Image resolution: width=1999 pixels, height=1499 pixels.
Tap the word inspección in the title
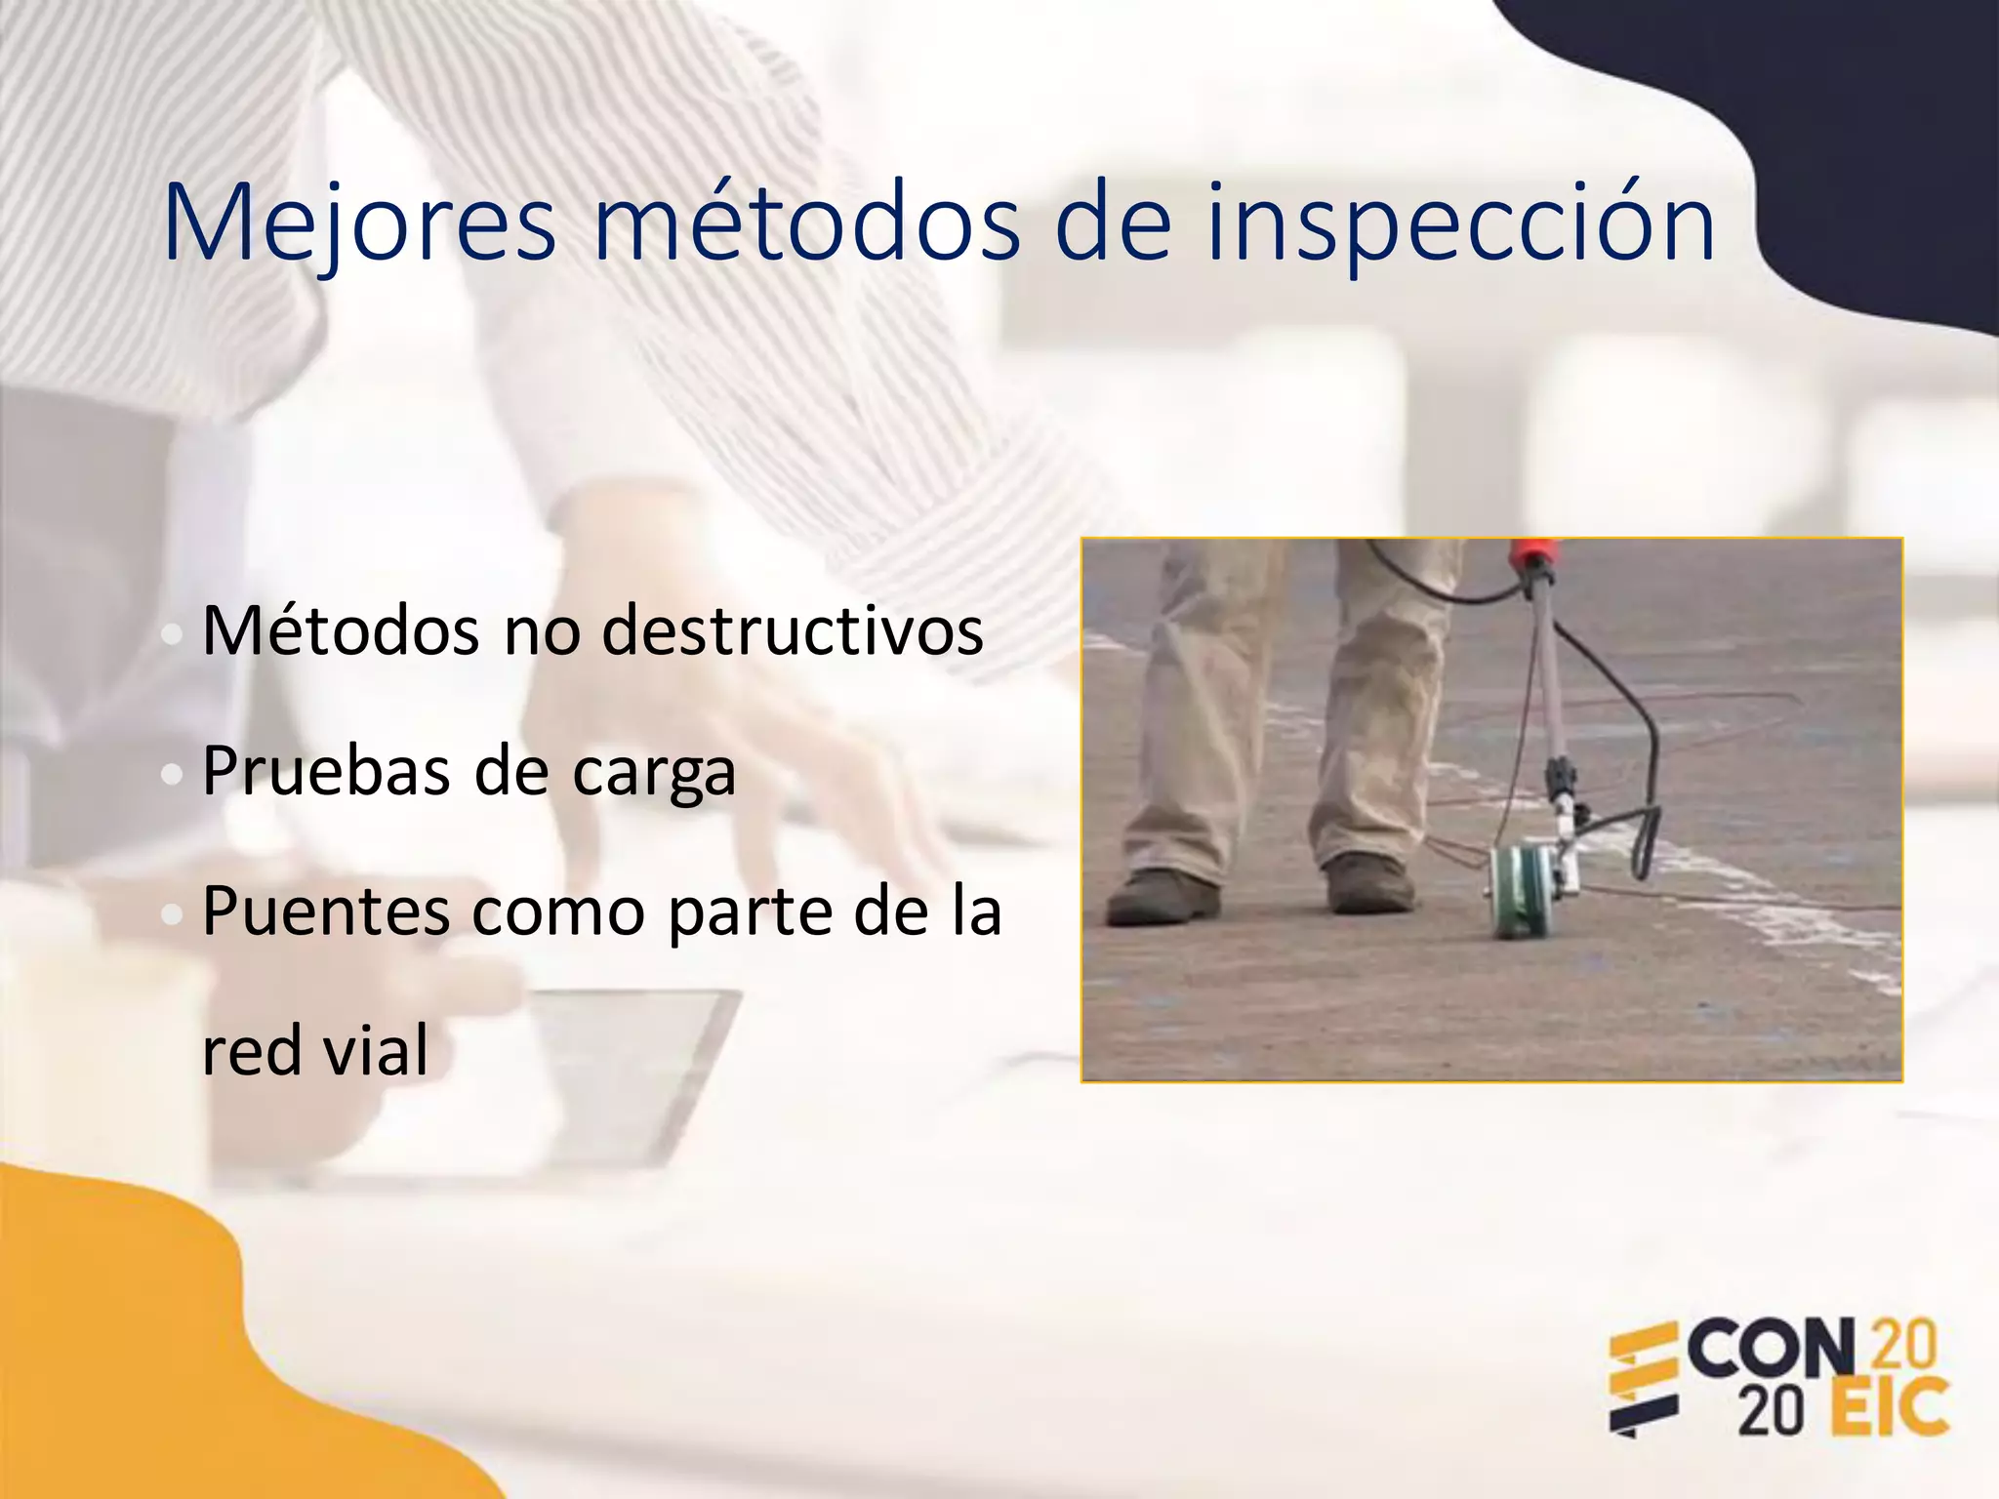coord(1461,224)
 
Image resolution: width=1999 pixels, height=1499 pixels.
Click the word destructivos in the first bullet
coord(793,630)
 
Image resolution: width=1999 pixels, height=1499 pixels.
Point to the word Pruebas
coord(326,771)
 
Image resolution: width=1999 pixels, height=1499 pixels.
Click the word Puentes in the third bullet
coord(327,912)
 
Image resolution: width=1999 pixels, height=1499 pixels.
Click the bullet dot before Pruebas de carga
coord(173,775)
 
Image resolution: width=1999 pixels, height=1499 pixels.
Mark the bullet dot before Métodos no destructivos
coord(173,635)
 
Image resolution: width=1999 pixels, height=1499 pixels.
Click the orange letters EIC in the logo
coord(1890,1407)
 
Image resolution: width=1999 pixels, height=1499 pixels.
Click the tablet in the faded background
coord(625,1074)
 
